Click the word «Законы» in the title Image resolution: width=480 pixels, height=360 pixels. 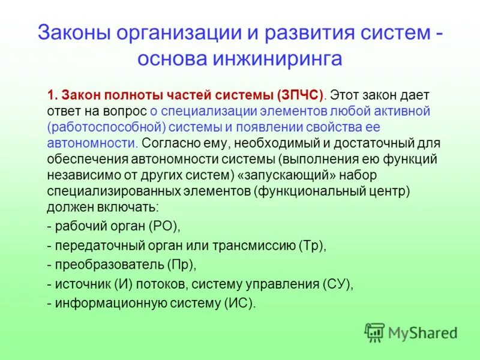(x=71, y=33)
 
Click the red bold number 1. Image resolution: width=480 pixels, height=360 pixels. (x=52, y=95)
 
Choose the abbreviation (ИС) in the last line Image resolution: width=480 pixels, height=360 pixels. (x=239, y=303)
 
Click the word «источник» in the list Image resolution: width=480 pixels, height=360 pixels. (x=80, y=284)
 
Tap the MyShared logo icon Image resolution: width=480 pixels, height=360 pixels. (x=374, y=332)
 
